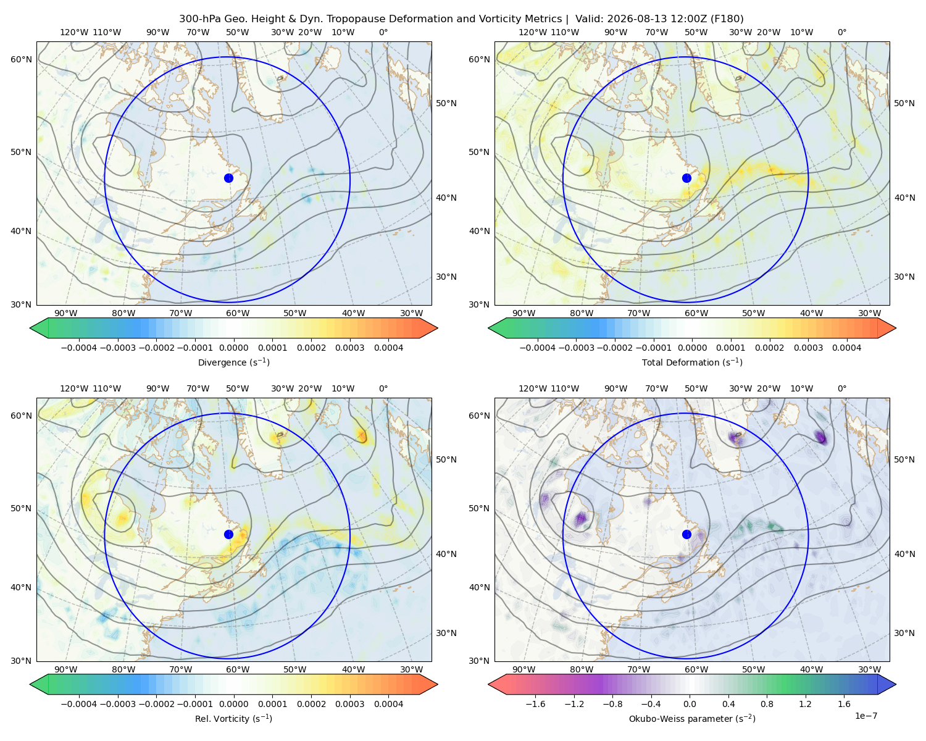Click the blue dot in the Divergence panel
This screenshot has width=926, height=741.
tap(228, 178)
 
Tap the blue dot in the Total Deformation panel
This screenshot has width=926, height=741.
tap(686, 178)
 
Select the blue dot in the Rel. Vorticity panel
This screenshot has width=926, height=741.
tap(228, 534)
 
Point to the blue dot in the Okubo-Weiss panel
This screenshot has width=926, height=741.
tap(686, 534)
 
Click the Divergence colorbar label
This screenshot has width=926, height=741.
tap(233, 362)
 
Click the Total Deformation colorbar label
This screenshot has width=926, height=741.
tap(692, 362)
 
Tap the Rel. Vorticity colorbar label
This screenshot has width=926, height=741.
tap(233, 719)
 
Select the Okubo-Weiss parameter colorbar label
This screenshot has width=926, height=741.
tap(692, 719)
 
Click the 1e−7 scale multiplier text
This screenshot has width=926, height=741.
tap(866, 716)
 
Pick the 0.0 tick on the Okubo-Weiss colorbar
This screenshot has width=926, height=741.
tap(690, 704)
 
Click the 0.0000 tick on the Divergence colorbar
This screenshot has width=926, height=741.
tap(233, 348)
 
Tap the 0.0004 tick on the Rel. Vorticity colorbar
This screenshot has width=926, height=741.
tap(388, 704)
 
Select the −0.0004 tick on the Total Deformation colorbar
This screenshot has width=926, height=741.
tap(538, 348)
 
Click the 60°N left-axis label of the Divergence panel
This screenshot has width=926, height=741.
tap(21, 59)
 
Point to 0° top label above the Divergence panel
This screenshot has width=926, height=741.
tap(383, 32)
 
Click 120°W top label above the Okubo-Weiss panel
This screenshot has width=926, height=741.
tap(533, 388)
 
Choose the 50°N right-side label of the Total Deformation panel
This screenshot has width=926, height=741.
tap(904, 103)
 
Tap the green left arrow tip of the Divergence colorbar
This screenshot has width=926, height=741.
tap(30, 328)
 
